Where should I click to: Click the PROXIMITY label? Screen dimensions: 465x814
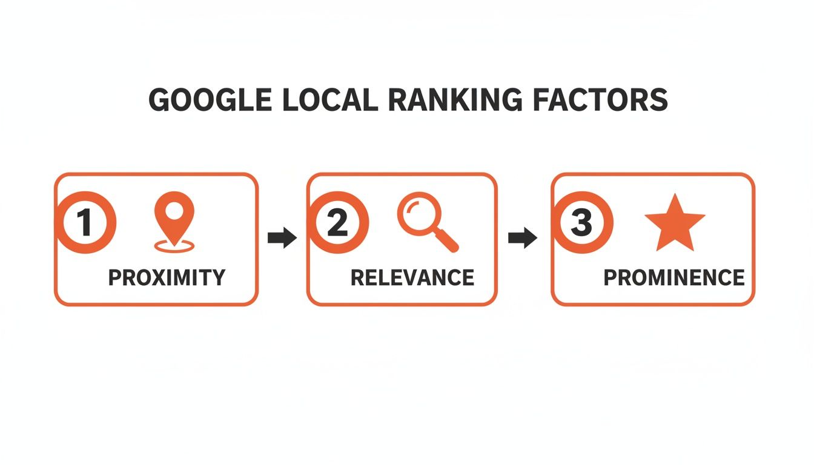click(x=167, y=277)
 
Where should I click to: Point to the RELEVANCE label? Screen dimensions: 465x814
click(x=412, y=277)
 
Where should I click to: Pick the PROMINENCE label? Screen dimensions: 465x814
click(x=674, y=277)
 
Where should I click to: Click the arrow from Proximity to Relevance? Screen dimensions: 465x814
click(x=282, y=238)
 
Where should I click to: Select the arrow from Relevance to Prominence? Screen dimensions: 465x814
click(x=523, y=238)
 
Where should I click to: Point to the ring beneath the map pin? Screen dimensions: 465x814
click(x=174, y=246)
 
